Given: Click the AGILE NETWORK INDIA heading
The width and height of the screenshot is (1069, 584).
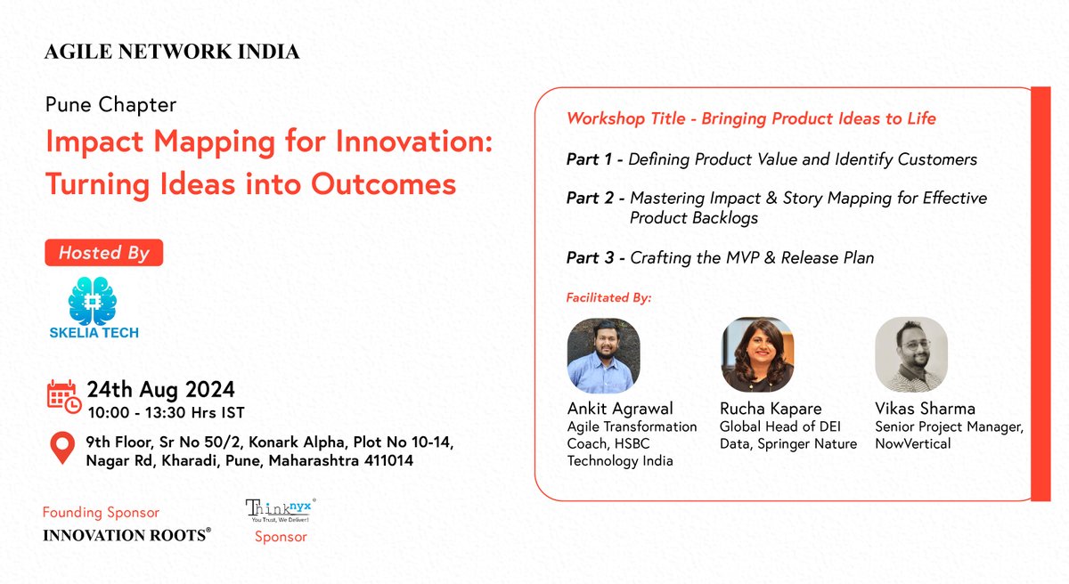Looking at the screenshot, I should pos(172,53).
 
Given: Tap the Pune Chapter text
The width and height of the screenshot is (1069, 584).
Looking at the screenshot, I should pos(110,105).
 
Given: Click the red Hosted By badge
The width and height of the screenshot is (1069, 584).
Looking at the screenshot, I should pos(103,253).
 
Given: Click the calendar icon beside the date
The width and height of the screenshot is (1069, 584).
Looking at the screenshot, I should pos(62,396).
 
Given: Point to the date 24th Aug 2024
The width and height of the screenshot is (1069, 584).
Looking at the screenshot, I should pos(160,389).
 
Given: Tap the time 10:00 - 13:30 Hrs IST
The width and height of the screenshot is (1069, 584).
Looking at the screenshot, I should pos(165,412).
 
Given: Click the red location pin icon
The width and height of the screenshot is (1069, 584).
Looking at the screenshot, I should pos(61,450).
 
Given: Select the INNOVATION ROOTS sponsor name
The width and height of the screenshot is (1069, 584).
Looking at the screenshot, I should pos(127,535).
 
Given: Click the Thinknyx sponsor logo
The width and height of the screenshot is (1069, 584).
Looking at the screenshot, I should pos(280,510).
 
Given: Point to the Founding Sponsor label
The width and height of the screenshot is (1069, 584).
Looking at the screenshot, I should pos(101,513).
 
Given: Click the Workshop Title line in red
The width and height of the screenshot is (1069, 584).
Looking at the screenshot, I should pos(751,118).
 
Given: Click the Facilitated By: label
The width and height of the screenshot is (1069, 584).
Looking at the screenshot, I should pos(608,297).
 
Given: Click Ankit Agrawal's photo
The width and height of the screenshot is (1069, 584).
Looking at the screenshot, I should pos(603,355).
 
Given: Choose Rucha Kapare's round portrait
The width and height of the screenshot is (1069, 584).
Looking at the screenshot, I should pos(757,355).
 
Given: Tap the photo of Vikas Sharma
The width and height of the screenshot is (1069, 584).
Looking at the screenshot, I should pos(910,355).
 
